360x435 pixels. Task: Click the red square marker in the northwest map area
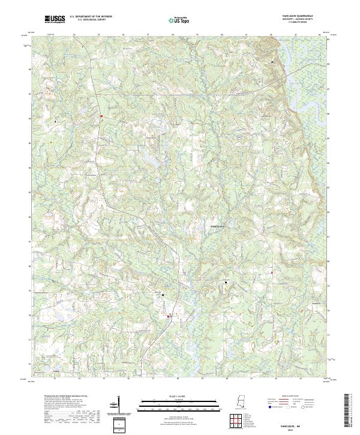(x=102, y=116)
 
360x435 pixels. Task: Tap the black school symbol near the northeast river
(x=274, y=62)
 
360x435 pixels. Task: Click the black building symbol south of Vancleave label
(x=226, y=282)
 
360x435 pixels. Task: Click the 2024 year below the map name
(x=282, y=428)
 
